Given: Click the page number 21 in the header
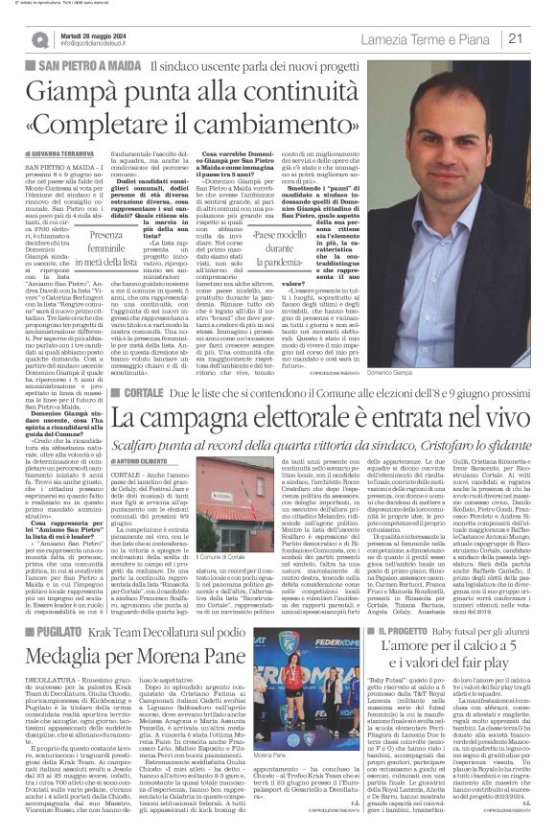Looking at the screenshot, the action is pos(541,38).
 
